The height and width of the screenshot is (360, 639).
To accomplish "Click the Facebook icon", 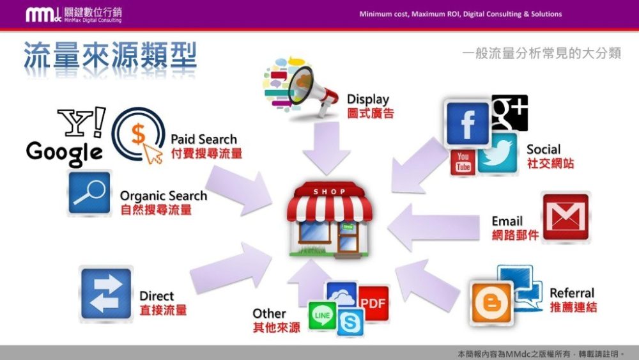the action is (x=468, y=123).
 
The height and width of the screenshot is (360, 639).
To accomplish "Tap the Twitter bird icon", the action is (x=498, y=153).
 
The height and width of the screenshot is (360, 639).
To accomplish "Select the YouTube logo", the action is (x=463, y=162).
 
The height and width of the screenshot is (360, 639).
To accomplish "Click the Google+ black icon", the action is (x=509, y=113).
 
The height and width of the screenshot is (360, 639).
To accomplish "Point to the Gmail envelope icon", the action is (x=566, y=217).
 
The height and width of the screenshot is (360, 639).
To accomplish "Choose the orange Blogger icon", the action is (x=491, y=302).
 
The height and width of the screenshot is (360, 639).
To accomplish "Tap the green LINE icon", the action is (x=322, y=315).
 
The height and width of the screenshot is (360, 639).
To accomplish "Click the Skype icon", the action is (x=350, y=322).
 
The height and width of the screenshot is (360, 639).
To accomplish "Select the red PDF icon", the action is (x=373, y=303).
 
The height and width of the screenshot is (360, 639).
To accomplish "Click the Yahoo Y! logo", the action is (x=82, y=122).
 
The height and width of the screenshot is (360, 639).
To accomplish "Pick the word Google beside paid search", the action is (x=64, y=153).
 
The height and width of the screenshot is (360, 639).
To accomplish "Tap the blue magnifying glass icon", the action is (x=89, y=193).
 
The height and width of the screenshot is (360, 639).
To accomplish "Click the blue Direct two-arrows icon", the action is (x=106, y=293).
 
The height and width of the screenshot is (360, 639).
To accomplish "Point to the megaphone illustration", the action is (x=301, y=87).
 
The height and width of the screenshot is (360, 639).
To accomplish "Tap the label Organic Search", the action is (x=164, y=196).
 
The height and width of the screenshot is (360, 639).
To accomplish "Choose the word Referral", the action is (x=572, y=293).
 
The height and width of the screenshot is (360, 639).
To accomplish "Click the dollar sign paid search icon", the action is (x=139, y=135).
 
